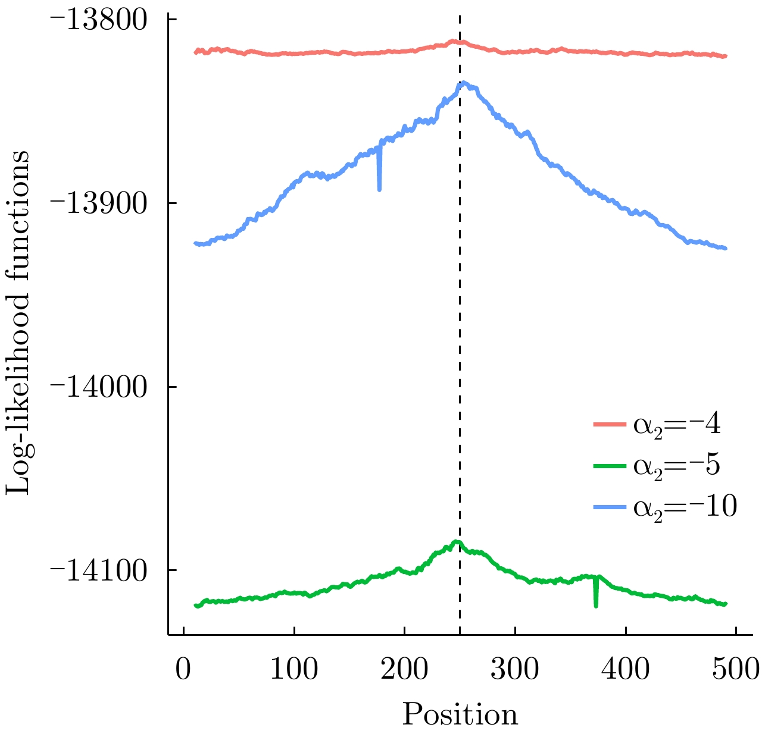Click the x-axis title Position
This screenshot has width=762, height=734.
460,714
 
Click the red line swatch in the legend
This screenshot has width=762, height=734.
610,425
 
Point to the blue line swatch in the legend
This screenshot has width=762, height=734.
610,507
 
